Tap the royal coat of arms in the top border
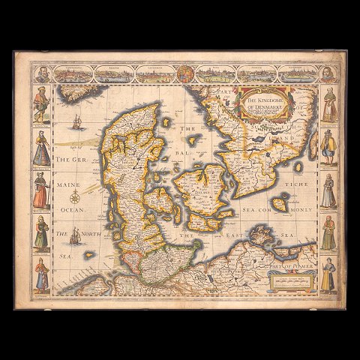tap(182, 74)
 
